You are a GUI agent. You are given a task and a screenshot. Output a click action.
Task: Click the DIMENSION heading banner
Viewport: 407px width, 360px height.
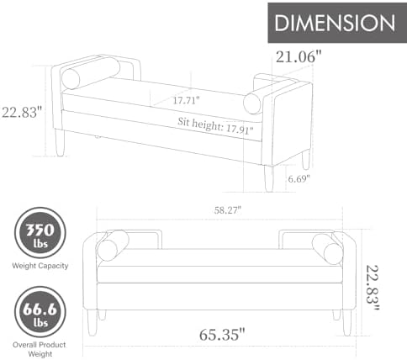[337, 23]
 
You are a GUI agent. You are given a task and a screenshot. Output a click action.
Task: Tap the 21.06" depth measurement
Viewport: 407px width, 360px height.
[299, 57]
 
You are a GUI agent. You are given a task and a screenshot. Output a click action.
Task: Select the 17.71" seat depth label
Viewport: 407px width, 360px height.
[186, 100]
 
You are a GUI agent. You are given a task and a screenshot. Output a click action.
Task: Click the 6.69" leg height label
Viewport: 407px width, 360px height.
[299, 178]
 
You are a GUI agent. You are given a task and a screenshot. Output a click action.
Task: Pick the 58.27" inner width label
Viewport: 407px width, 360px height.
[228, 209]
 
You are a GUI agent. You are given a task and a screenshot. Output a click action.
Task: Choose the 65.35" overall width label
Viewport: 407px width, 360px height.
[222, 334]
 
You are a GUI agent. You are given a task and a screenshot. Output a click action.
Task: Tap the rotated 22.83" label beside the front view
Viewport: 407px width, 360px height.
[373, 288]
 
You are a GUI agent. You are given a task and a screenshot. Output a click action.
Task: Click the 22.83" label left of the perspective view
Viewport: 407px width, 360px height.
[22, 112]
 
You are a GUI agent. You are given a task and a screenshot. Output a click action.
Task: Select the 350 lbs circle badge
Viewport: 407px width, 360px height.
[40, 233]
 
